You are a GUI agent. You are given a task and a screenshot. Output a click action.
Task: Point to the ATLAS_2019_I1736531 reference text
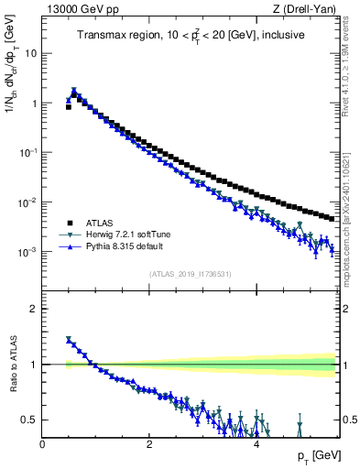click(191, 274)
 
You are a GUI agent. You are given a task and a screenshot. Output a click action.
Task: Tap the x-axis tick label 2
click(149, 443)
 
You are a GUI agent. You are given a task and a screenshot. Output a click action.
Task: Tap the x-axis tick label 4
click(256, 443)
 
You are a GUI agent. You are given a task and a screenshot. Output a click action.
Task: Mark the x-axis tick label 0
click(42, 443)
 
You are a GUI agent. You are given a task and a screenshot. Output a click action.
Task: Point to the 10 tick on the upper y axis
click(30, 53)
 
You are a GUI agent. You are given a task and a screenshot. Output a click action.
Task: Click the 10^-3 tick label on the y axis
click(27, 252)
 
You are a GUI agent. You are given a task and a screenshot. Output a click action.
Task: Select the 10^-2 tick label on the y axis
click(27, 202)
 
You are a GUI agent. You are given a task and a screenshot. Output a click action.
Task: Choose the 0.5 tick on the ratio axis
click(29, 420)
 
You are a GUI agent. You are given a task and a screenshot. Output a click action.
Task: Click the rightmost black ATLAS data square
click(331, 218)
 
